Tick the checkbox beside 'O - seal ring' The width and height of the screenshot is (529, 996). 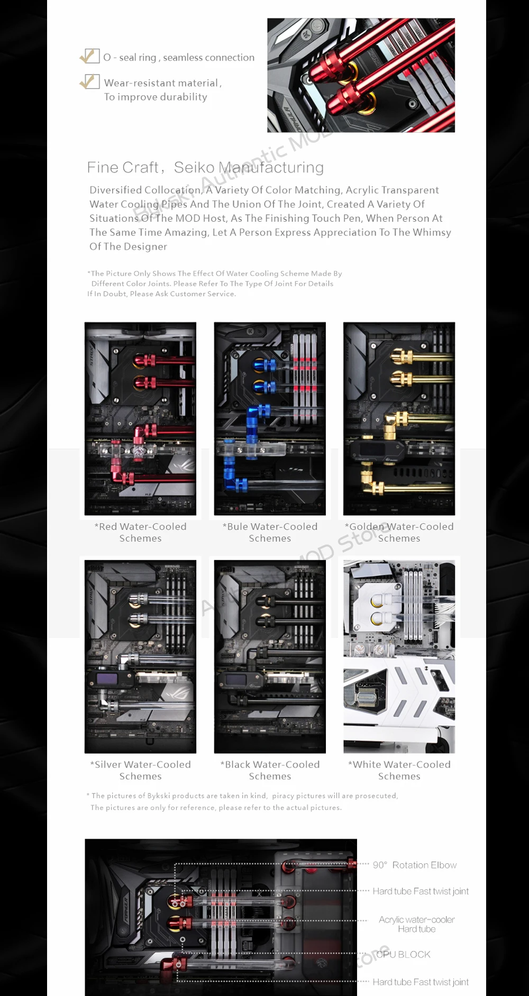pos(90,56)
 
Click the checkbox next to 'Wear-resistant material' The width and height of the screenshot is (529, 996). pos(90,81)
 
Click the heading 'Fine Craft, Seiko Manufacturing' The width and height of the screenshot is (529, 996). pos(205,168)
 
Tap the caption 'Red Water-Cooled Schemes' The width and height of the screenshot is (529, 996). pos(140,532)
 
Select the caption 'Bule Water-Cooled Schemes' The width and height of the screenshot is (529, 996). pos(270,532)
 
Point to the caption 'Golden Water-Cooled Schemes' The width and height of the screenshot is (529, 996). pos(399,532)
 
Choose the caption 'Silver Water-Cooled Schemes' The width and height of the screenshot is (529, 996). pos(140,770)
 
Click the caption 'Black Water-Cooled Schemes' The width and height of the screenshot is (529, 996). pos(270,770)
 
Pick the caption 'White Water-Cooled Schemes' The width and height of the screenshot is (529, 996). pos(399,770)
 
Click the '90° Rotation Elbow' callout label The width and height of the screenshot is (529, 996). pos(415,865)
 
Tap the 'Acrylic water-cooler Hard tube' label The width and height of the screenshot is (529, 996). pos(417,924)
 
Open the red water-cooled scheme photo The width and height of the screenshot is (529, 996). pos(140,418)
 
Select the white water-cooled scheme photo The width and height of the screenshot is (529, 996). pos(399,656)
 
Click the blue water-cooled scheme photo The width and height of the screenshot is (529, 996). pos(270,418)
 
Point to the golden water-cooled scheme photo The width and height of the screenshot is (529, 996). pos(399,418)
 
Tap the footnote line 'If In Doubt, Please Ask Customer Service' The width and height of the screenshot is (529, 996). pos(161,294)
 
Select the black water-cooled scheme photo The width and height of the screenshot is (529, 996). pos(270,656)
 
